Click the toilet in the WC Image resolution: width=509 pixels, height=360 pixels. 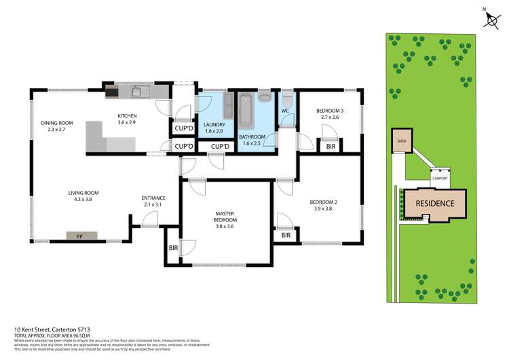click(x=286, y=98)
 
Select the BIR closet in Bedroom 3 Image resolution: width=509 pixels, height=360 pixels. click(x=331, y=146)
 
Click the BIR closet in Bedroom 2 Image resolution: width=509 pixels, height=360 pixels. click(x=286, y=235)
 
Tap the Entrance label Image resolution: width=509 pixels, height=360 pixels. click(x=153, y=198)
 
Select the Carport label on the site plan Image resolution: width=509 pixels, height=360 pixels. click(x=440, y=179)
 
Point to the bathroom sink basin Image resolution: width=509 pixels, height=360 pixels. click(x=264, y=97)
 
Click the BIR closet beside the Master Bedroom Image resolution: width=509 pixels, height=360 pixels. click(x=172, y=248)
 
